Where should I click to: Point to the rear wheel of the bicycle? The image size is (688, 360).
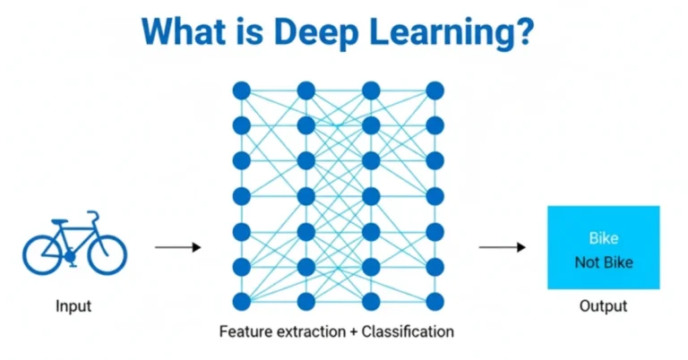pos(43,254)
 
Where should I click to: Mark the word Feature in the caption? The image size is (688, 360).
pos(245,332)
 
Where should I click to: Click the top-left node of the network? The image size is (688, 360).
pos(241,90)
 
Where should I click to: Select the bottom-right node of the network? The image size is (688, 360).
pos(434,301)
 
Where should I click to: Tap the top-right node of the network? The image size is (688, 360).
pos(434,90)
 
